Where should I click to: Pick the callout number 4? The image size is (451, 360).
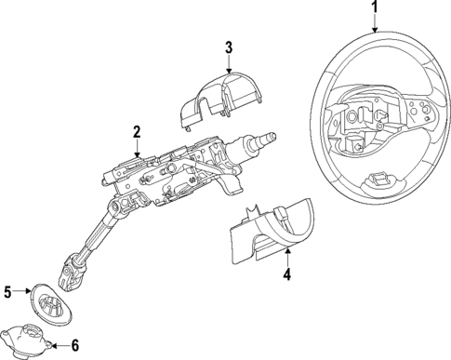(x=287, y=274)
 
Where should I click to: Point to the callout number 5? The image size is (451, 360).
(x=7, y=292)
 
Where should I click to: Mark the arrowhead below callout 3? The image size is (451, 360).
(x=228, y=67)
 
